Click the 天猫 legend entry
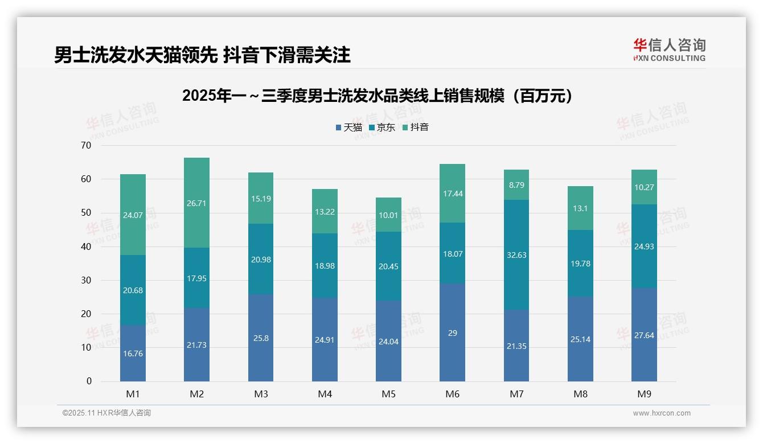tap(349, 128)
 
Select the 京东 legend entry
tap(382, 128)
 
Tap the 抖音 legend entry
tap(416, 128)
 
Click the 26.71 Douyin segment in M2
tap(196, 203)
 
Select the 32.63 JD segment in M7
tap(516, 255)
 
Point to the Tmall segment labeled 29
tap(452, 333)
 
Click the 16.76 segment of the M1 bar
tap(133, 353)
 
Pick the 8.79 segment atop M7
tap(516, 184)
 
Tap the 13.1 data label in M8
tap(580, 208)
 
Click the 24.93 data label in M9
tap(644, 246)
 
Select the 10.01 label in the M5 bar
tap(388, 215)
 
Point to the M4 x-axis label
tap(325, 394)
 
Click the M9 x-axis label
tap(644, 394)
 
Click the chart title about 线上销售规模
tap(377, 96)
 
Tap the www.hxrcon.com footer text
tap(662, 413)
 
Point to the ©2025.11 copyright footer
tap(106, 413)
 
